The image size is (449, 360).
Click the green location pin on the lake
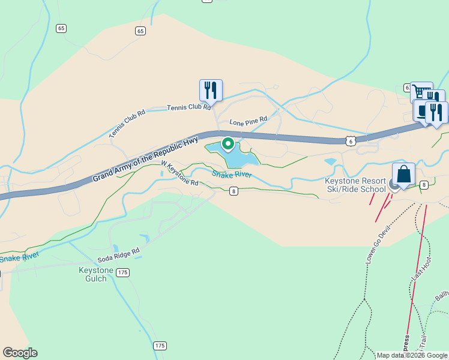[228, 144]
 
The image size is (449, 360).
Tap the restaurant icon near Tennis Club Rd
[211, 90]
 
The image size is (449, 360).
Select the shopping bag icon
[405, 174]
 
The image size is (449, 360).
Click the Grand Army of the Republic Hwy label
[145, 159]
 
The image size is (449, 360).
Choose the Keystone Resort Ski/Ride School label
[355, 185]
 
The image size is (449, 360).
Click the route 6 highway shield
[350, 140]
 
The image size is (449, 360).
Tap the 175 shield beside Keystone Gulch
[122, 272]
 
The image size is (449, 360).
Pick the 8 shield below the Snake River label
[234, 191]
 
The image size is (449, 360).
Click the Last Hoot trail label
[421, 267]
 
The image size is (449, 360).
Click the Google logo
[20, 353]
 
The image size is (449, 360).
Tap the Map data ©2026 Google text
[412, 355]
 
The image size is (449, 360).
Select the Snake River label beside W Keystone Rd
[231, 175]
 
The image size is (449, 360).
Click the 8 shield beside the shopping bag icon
[424, 184]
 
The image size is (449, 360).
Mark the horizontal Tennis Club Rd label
[188, 107]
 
